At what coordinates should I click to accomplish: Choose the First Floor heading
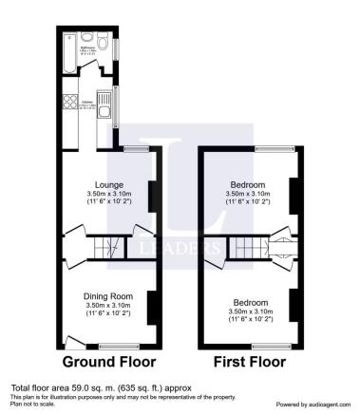[x=249, y=362]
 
